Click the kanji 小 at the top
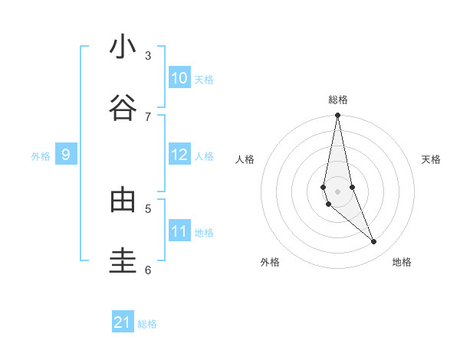(123, 48)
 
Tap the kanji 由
(123, 200)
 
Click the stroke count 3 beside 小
(148, 55)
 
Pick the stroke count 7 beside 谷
(148, 116)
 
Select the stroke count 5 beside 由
(148, 208)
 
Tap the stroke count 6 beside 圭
(148, 270)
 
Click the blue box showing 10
(179, 78)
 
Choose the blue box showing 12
(179, 155)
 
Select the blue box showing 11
(179, 231)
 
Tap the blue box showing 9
(66, 155)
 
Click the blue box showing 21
(123, 322)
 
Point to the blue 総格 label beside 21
(147, 324)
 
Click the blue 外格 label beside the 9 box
(41, 156)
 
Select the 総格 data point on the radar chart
(337, 116)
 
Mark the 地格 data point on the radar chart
(374, 242)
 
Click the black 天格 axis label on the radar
(431, 159)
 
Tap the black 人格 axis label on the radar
(245, 159)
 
